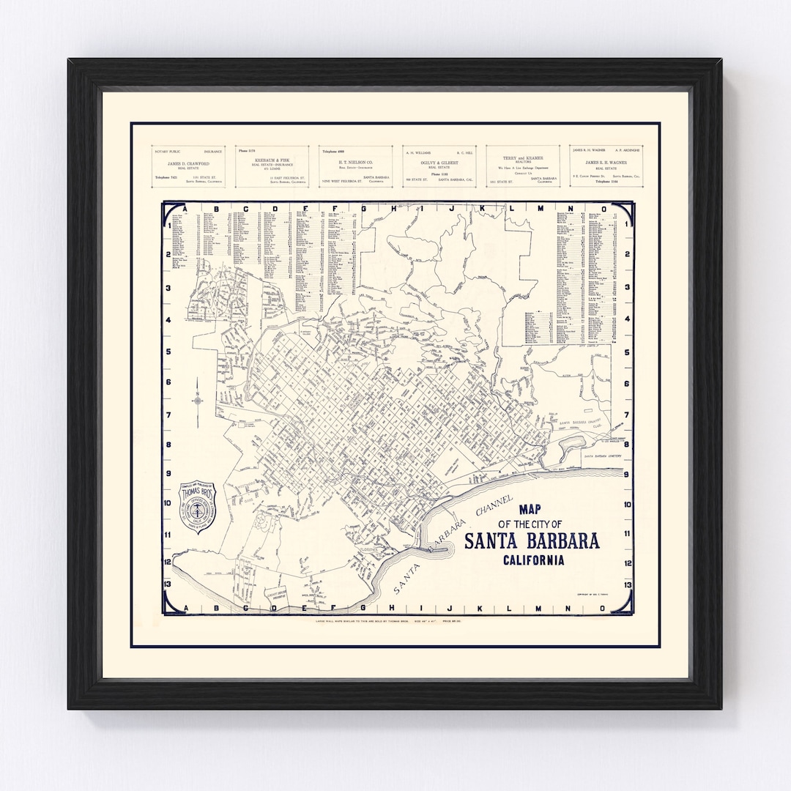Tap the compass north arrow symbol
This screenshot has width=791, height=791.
198,400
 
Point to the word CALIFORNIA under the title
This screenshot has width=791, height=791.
533,561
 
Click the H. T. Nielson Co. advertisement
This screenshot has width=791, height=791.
355,166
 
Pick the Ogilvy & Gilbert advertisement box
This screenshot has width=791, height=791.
439,166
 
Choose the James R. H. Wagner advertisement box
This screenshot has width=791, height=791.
606,166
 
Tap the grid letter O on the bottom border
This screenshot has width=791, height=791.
603,608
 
